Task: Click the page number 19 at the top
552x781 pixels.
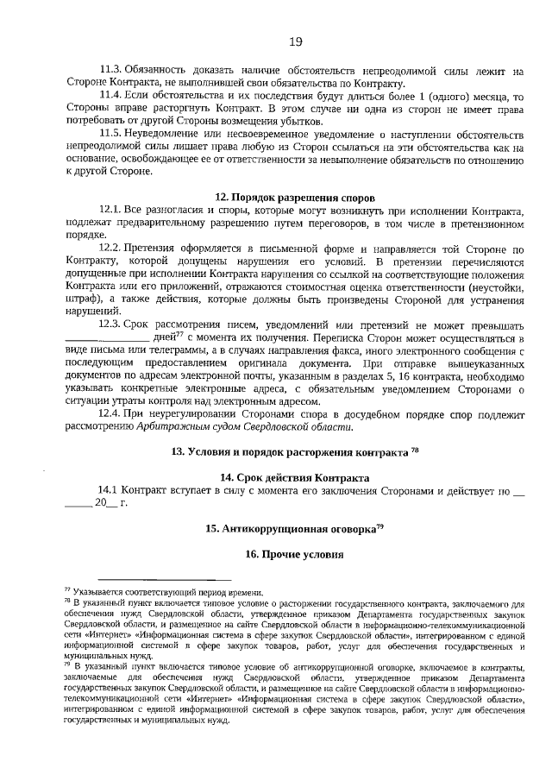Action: (295, 41)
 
